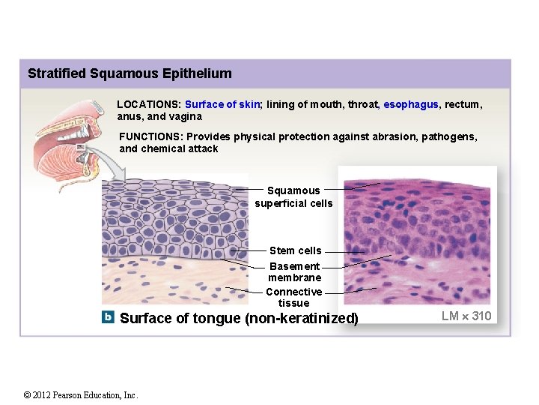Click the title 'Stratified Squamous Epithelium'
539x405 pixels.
coord(130,73)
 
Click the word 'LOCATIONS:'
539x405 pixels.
coord(148,105)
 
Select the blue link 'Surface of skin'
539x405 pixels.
coord(222,105)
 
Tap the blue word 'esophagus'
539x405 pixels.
coord(410,105)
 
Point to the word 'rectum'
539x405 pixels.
coord(463,105)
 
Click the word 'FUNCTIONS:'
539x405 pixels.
coord(151,136)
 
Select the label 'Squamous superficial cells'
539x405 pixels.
coord(293,196)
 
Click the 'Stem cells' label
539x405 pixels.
coord(295,250)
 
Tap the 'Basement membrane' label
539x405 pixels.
coord(294,271)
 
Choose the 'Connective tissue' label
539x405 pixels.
coord(293,297)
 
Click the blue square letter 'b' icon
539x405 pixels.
coord(109,317)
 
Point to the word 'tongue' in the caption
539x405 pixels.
coord(214,318)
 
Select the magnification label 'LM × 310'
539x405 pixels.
coord(466,316)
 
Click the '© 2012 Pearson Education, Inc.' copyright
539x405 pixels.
coord(81,395)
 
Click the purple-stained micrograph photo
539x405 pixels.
coord(417,236)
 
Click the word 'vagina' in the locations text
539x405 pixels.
coord(186,117)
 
